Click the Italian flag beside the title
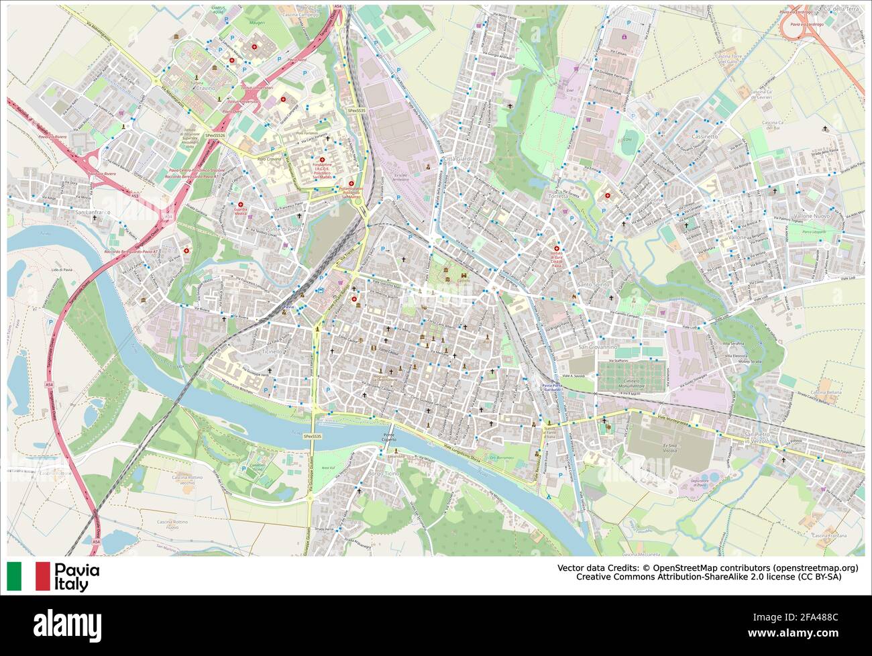(29, 576)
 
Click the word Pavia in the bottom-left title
(76, 570)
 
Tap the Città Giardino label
(460, 158)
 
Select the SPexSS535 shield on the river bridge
(313, 436)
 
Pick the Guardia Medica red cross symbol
(239, 204)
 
